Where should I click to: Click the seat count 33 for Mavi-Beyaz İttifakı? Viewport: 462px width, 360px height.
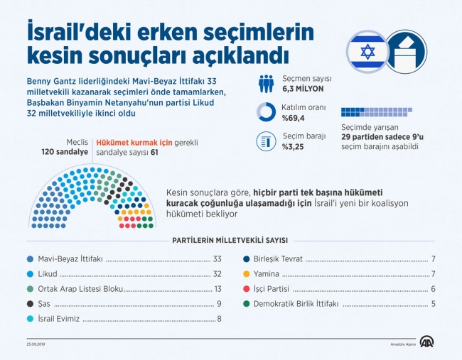pyautogui.click(x=217, y=259)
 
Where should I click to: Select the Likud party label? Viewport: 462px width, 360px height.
pyautogui.click(x=49, y=274)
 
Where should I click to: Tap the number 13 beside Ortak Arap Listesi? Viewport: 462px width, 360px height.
pyautogui.click(x=217, y=289)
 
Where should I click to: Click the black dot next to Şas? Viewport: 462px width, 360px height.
pyautogui.click(x=28, y=304)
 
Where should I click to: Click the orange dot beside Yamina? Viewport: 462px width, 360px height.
pyautogui.click(x=246, y=274)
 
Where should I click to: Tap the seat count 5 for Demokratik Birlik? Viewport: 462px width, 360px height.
pyautogui.click(x=433, y=304)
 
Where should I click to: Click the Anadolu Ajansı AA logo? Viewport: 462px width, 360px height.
pyautogui.click(x=426, y=342)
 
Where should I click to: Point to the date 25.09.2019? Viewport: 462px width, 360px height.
pyautogui.click(x=36, y=346)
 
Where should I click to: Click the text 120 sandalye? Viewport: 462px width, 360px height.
pyautogui.click(x=65, y=152)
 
